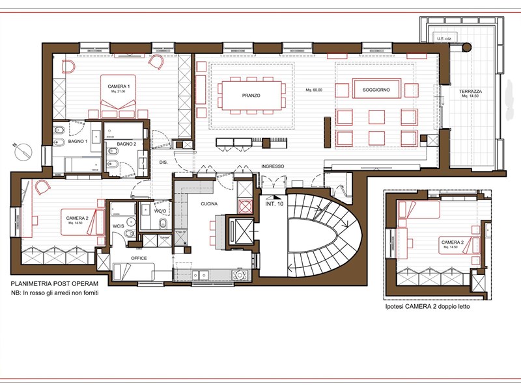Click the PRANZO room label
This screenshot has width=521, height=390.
251,96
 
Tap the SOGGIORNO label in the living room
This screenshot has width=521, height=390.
376,90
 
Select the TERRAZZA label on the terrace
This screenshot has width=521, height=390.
470,90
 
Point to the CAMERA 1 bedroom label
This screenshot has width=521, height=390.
119,86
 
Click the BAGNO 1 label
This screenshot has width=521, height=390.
77,141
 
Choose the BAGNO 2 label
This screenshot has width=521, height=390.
126,143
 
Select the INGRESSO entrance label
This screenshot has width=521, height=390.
272,166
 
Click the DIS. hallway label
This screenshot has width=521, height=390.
163,162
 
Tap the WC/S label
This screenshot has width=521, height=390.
119,226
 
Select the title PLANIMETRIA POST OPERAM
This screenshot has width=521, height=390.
55,285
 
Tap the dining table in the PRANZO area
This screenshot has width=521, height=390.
251,95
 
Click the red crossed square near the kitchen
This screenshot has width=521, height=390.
245,207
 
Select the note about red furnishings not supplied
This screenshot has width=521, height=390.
58,293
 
